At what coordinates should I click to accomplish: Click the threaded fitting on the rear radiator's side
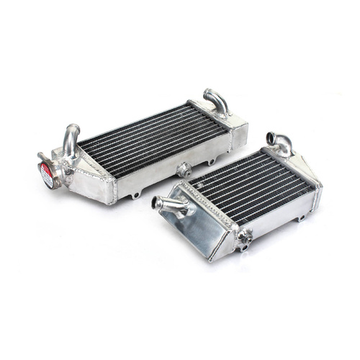[x=183, y=171]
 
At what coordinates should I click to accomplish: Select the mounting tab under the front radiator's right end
[x=301, y=217]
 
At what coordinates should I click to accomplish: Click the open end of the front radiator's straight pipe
[x=156, y=203]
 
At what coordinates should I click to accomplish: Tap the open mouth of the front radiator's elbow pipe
[x=271, y=136]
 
